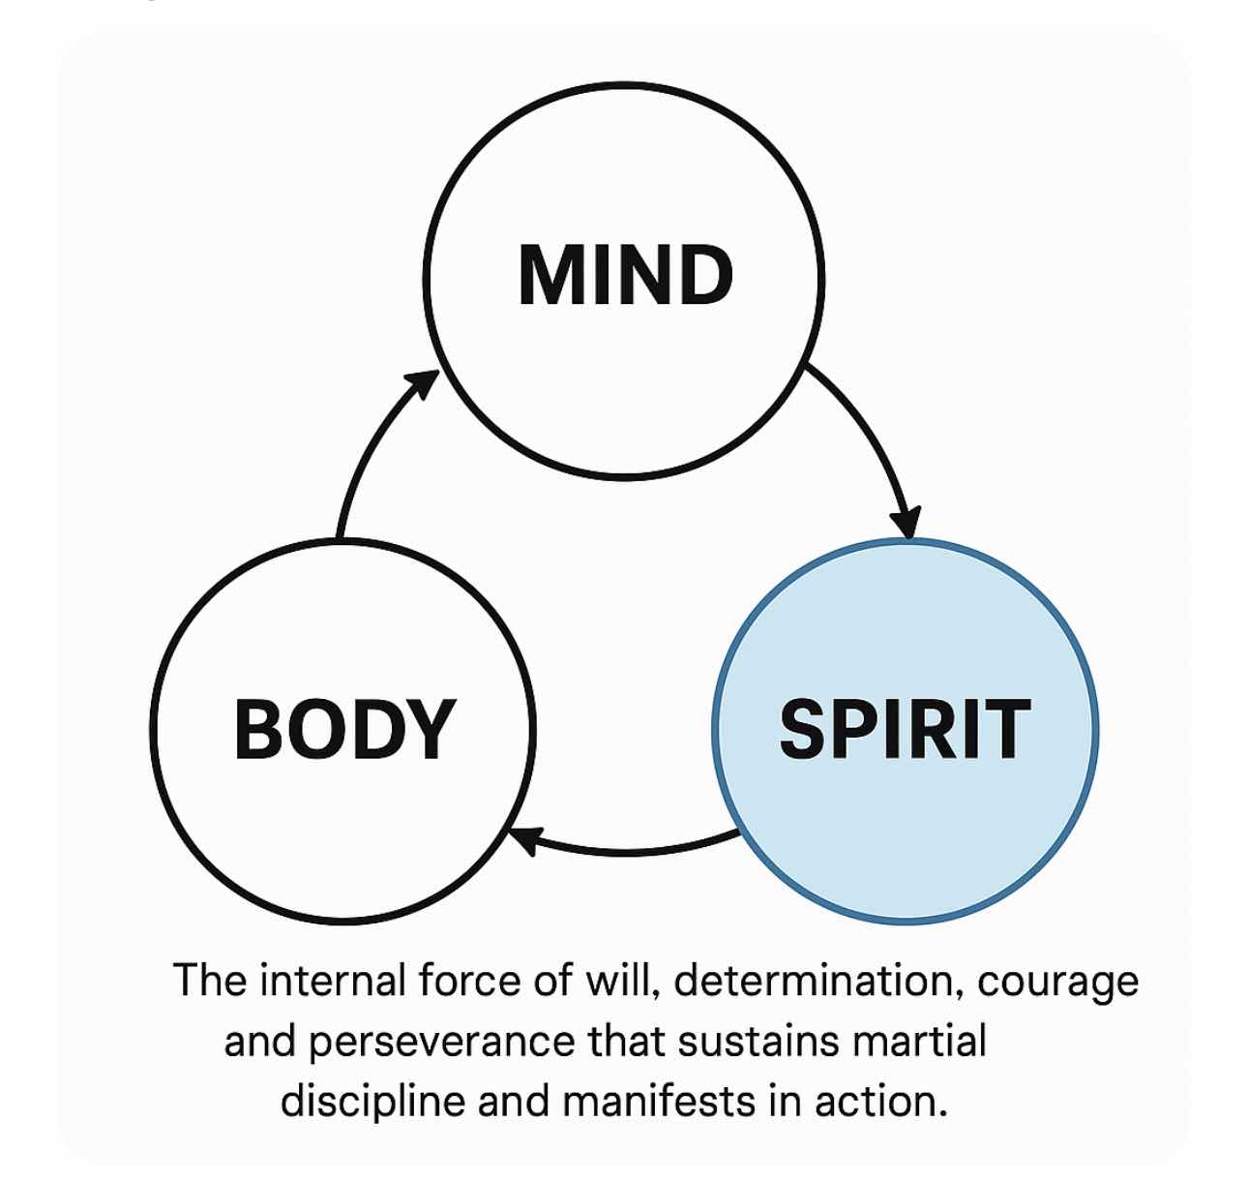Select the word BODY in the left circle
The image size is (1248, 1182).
coord(344,729)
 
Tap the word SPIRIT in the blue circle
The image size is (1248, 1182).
coord(905,729)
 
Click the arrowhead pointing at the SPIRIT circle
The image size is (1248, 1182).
coord(906,523)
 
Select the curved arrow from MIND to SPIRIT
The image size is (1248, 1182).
coord(871,426)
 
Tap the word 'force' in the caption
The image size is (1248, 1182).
coord(468,982)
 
